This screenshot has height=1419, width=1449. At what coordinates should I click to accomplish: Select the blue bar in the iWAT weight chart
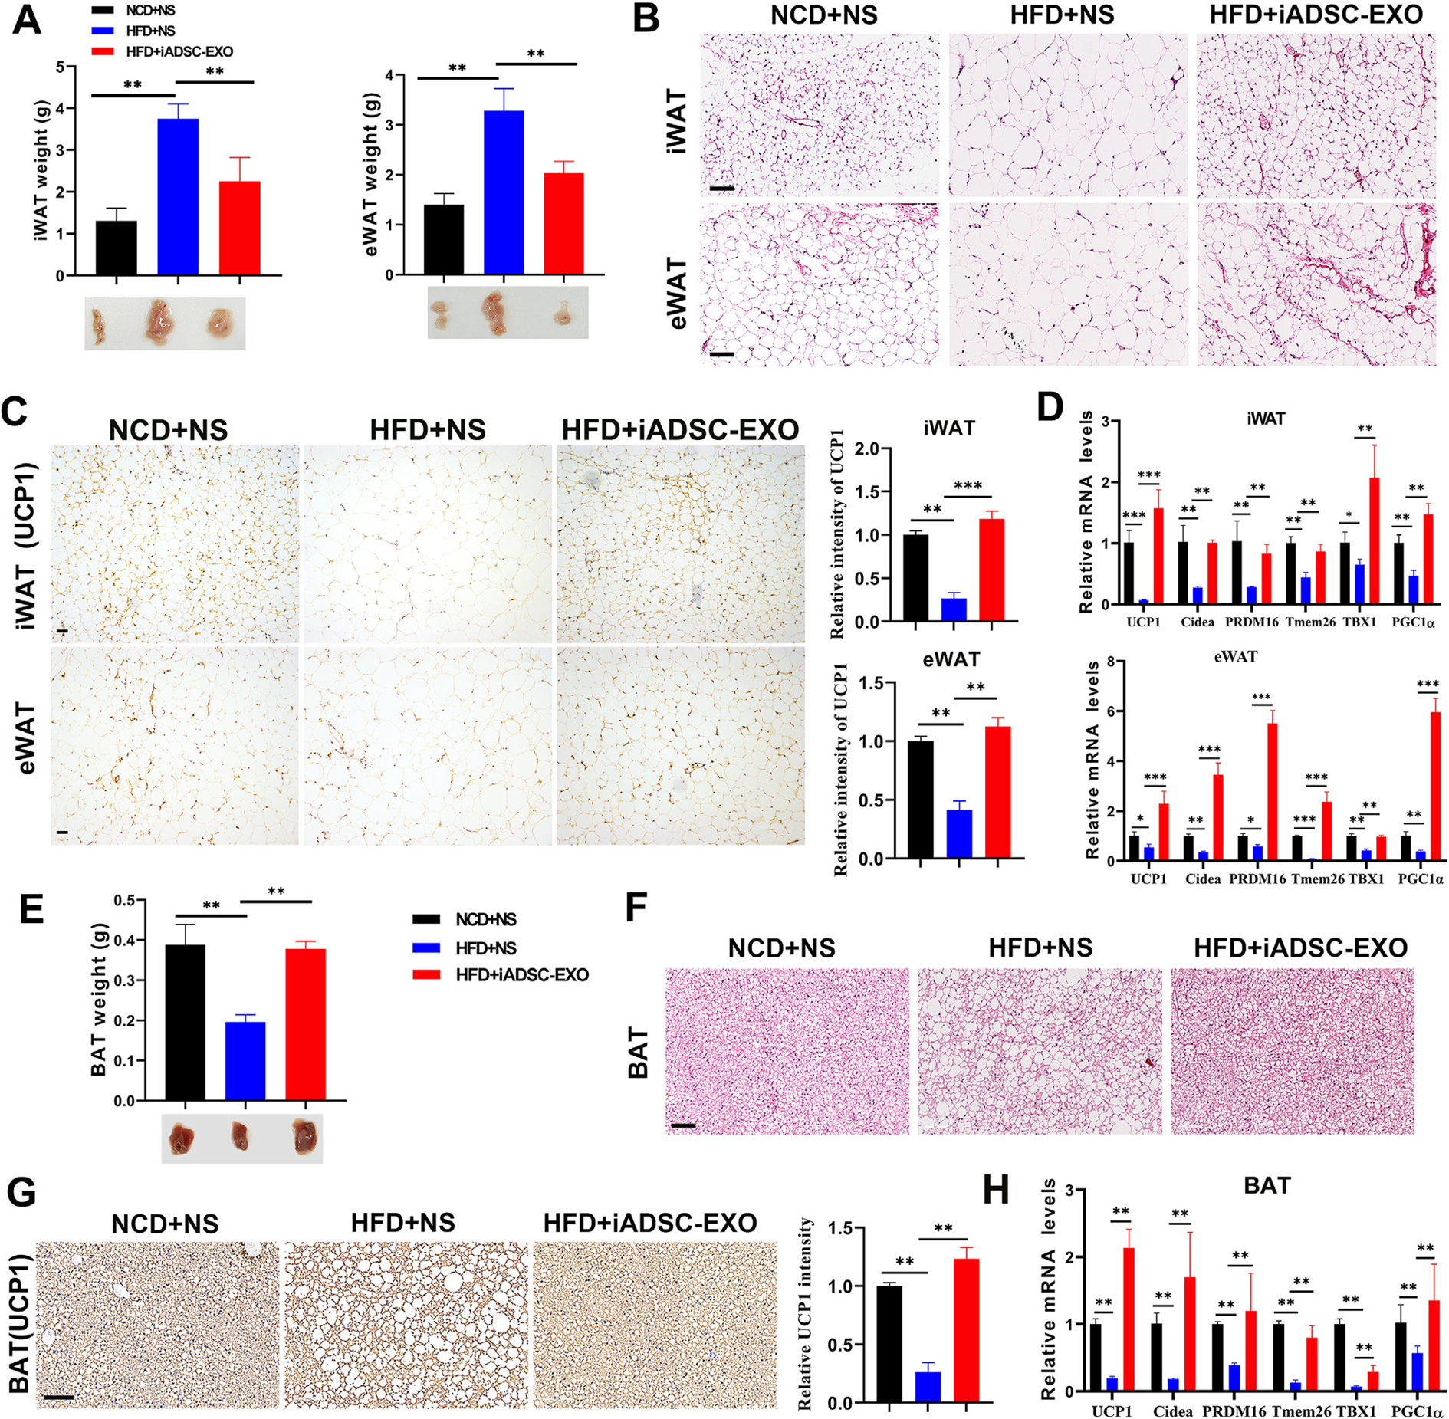click(x=178, y=197)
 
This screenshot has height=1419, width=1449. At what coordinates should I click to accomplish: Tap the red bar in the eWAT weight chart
click(x=563, y=224)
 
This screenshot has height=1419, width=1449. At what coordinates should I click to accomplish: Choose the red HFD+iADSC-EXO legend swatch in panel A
click(x=103, y=51)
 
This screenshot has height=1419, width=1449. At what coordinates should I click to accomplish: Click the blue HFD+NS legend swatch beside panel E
click(x=426, y=948)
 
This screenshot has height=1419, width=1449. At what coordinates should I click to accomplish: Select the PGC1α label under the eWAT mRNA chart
click(x=1421, y=879)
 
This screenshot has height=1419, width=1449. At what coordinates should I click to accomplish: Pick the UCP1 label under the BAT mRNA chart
click(x=1112, y=1411)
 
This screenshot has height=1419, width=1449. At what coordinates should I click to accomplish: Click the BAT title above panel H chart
click(x=1267, y=1186)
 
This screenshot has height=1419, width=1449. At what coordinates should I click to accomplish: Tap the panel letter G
click(x=21, y=1194)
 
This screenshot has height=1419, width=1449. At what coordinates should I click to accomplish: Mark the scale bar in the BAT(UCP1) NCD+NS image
click(x=59, y=1397)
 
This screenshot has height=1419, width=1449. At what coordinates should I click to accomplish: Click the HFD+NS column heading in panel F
click(x=1040, y=948)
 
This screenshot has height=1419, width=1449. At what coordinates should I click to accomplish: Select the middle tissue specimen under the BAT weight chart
click(x=240, y=1138)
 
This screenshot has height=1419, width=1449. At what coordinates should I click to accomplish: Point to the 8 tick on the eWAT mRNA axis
click(x=1109, y=661)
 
